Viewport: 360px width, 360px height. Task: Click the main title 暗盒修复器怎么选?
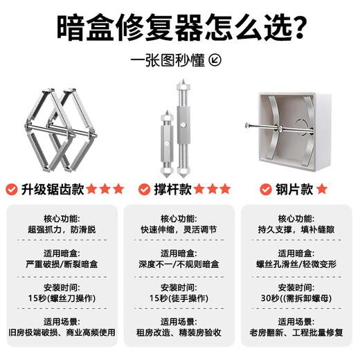point(180,28)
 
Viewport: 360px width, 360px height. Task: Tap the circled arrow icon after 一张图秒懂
point(216,60)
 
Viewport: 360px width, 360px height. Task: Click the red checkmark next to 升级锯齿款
point(12,189)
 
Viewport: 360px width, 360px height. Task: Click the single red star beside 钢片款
point(323,189)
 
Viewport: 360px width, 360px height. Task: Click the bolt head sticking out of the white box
point(247,126)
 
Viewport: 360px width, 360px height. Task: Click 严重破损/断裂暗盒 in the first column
point(61,264)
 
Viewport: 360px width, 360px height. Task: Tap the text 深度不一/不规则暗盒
point(179,264)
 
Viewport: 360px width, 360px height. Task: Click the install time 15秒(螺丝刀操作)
point(61,298)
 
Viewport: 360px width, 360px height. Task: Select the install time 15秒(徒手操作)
point(179,298)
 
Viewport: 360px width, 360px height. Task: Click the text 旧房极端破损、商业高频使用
point(61,332)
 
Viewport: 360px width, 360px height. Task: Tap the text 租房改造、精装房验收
point(179,332)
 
